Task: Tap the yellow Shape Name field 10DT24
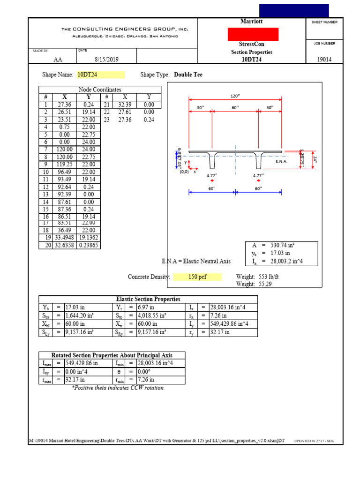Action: (x=101, y=75)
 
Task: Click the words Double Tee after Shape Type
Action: (x=188, y=75)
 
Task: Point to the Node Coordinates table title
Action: (x=100, y=90)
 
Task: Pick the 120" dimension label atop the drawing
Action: (x=235, y=96)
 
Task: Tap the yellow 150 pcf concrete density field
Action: (x=197, y=277)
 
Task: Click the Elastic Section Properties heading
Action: (x=148, y=299)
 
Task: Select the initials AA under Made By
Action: (x=58, y=60)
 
